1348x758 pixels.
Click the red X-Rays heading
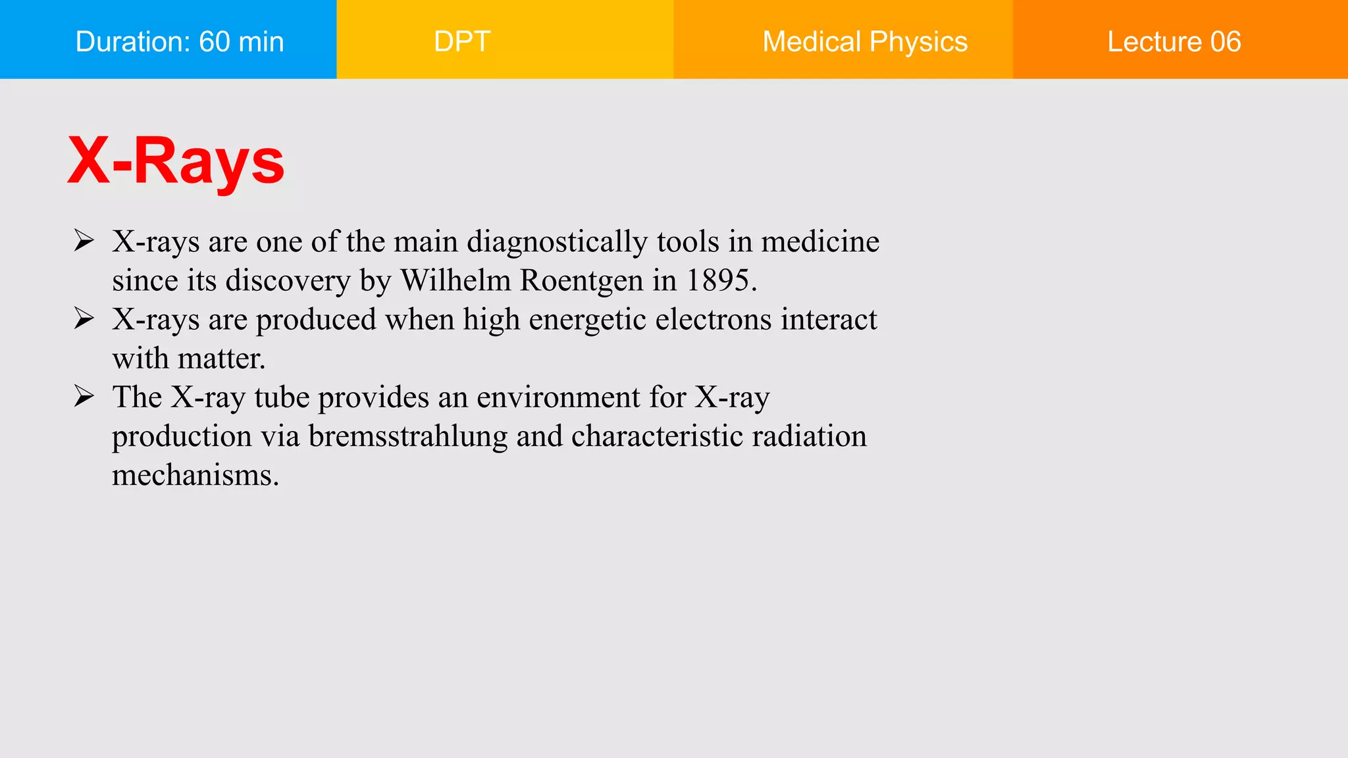176,161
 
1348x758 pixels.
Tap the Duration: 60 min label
180,41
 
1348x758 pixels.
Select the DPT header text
462,41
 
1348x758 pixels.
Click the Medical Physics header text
865,41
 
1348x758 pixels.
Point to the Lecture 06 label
1174,41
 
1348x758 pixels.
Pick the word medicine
820,241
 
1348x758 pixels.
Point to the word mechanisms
195,475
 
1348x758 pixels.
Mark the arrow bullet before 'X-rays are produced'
84,318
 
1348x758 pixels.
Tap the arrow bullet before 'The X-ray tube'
84,396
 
